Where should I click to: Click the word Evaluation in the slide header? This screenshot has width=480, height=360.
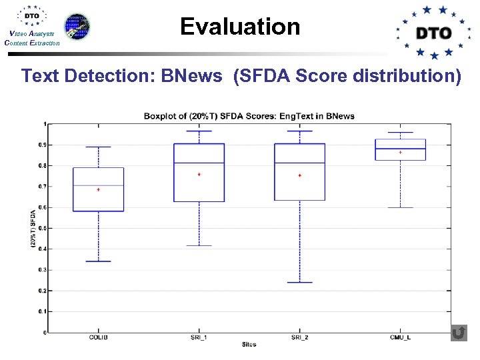tap(240, 27)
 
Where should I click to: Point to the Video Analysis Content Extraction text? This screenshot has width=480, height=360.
tap(31, 39)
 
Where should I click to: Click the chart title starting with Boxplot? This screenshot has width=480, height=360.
tap(249, 116)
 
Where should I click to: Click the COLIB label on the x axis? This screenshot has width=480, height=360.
tap(98, 338)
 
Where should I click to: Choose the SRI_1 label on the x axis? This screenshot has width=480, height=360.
tap(199, 338)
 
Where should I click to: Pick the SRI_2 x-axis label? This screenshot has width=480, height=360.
tap(299, 338)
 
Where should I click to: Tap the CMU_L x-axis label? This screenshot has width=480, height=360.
tap(400, 338)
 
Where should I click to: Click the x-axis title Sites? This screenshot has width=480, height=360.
tap(249, 345)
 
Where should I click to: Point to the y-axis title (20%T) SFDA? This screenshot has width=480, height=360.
tap(33, 229)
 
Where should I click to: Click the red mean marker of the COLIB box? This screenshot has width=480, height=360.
tap(99, 190)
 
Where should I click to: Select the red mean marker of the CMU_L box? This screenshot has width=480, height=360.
tap(400, 153)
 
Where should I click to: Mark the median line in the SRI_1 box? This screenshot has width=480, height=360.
tap(199, 163)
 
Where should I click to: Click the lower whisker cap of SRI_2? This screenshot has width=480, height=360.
tap(299, 282)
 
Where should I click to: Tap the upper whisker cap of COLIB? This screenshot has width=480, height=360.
tap(98, 147)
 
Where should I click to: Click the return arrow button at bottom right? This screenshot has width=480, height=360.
tap(459, 333)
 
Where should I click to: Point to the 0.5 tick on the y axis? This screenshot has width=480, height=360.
tap(44, 228)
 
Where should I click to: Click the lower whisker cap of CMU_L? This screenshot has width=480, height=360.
tap(400, 207)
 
